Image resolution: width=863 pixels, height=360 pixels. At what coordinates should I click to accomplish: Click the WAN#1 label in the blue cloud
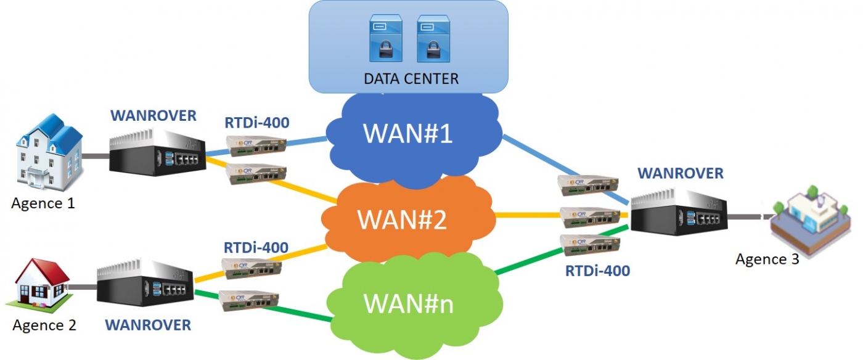point(407,134)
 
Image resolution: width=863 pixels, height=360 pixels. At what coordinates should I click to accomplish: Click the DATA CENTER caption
point(411,79)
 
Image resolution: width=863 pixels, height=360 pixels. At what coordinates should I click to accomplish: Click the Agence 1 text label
point(43,203)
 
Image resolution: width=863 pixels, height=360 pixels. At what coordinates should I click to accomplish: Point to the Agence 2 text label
point(44,325)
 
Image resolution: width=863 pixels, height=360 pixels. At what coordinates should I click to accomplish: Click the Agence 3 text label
point(767,259)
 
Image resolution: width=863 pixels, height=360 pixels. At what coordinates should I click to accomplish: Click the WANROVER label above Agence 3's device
point(681,174)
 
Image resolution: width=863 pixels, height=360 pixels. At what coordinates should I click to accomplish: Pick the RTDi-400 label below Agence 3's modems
point(598,270)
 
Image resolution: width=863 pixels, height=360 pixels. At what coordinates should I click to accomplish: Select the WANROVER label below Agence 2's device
point(148,324)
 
